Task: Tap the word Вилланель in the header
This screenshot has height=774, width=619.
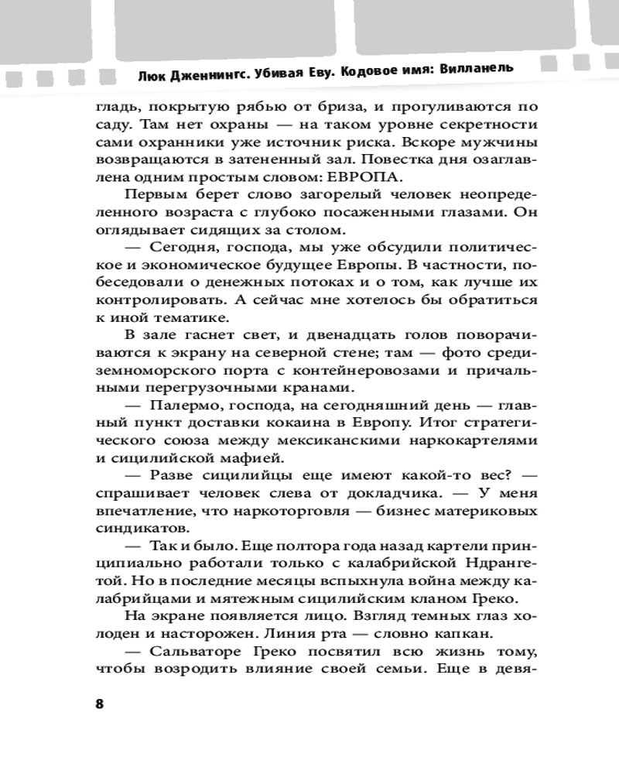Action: point(475,67)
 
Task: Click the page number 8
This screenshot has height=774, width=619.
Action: point(98,704)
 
